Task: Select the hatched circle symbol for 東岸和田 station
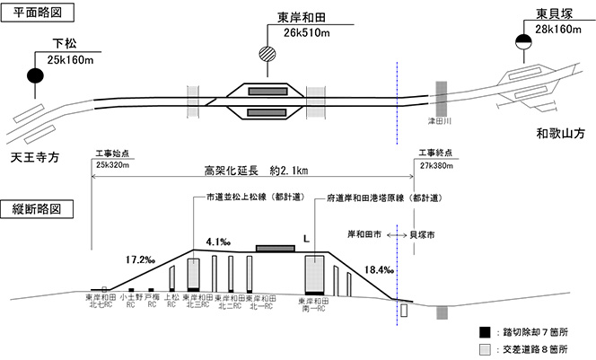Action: [266, 53]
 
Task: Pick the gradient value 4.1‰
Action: [219, 241]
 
